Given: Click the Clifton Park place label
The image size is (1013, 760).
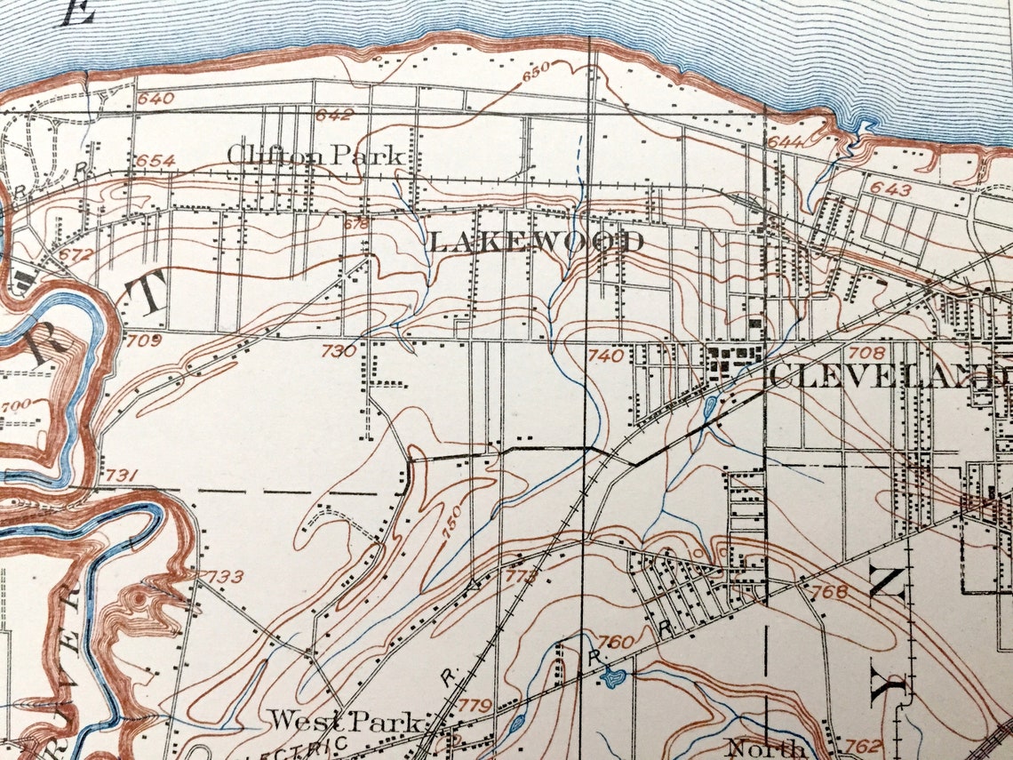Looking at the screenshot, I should point(316,155).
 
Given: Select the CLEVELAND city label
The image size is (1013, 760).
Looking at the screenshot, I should point(889,375).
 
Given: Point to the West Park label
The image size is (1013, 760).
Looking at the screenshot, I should point(346,720).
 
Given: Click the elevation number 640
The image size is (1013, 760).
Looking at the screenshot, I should point(156,99).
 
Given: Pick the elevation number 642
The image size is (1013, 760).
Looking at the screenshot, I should point(334,115).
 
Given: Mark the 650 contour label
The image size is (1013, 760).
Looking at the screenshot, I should point(536,68).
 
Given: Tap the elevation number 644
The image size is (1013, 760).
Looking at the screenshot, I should point(786,142).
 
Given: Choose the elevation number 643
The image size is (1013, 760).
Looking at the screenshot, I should point(891,188).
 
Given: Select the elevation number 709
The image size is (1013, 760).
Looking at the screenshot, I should point(144,339).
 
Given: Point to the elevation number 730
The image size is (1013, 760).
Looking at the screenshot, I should point(338,351).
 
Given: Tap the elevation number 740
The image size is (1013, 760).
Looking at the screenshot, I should point(605,356).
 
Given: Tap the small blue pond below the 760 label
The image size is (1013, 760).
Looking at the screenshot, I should point(612,679).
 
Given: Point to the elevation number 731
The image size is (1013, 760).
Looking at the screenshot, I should point(121,476).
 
